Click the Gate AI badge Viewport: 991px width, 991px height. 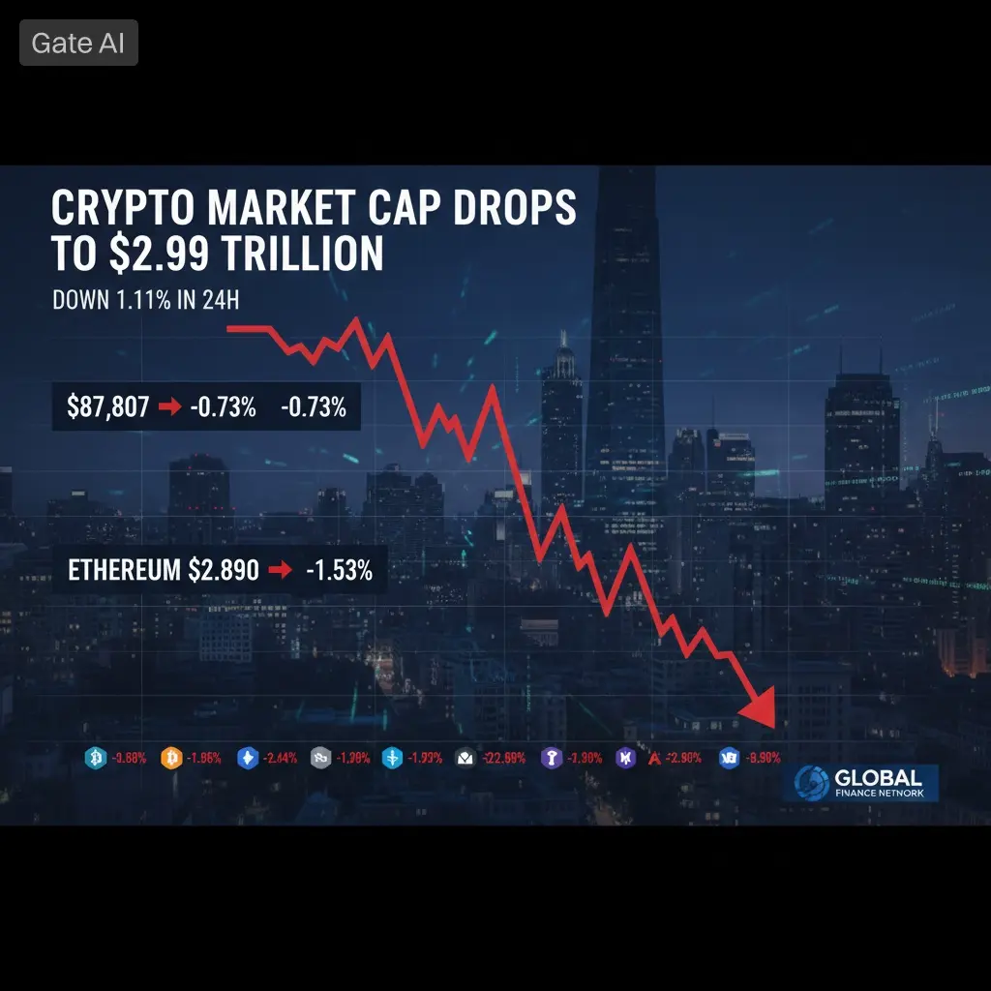(78, 44)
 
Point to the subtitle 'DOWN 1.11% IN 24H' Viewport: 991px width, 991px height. (145, 301)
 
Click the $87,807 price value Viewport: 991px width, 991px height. (107, 407)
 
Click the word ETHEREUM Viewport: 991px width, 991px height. (123, 570)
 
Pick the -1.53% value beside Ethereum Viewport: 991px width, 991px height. (339, 570)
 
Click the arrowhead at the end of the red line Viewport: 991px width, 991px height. (760, 709)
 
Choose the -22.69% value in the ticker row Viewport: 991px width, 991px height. (502, 758)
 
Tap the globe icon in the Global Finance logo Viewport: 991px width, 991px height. (811, 783)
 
